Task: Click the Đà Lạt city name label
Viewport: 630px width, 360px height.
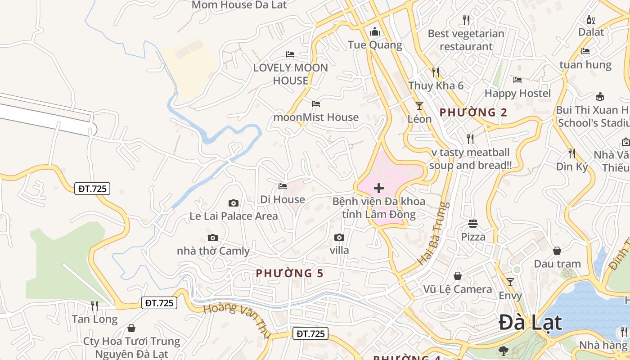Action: click(x=531, y=323)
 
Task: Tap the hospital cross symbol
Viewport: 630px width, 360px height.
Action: click(x=379, y=188)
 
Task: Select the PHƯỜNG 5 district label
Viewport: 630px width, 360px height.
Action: click(x=289, y=273)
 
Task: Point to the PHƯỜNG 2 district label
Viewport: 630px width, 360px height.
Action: click(x=473, y=112)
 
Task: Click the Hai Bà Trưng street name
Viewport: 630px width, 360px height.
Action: click(x=433, y=234)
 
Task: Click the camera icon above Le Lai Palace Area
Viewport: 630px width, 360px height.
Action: click(x=233, y=203)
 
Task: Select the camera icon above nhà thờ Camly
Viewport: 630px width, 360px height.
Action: click(x=213, y=238)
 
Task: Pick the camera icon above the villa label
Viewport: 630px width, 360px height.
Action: click(x=339, y=237)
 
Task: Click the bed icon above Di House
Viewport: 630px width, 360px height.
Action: click(x=283, y=186)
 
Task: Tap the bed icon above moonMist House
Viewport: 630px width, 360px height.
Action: click(x=316, y=104)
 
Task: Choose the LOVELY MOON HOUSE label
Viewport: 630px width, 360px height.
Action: click(x=291, y=74)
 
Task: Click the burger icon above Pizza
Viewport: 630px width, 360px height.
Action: click(x=473, y=223)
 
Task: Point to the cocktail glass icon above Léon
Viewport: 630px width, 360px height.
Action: click(x=419, y=106)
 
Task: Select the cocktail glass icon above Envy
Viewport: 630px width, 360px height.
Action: click(x=510, y=282)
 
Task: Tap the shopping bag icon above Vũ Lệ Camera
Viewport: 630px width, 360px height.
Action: click(x=458, y=276)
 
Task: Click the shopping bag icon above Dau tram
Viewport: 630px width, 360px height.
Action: click(x=557, y=251)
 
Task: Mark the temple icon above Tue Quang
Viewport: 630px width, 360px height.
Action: click(x=374, y=32)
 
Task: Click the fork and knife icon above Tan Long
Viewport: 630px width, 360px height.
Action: click(x=94, y=306)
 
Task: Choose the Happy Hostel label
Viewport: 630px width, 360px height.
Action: click(x=517, y=93)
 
